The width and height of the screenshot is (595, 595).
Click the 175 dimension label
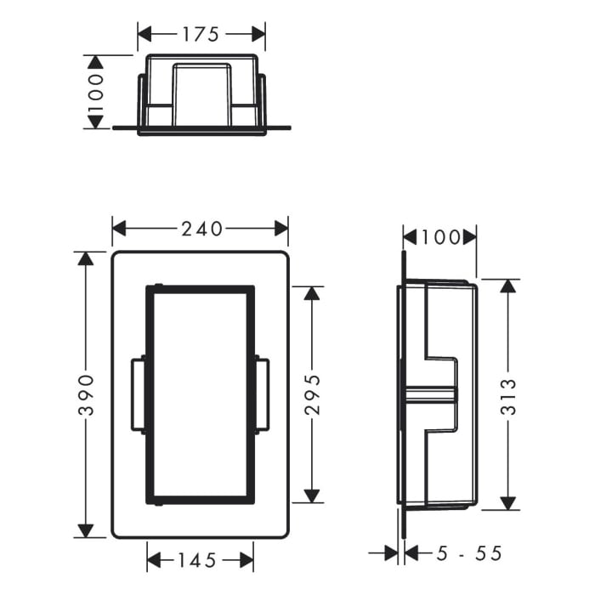coord(201,34)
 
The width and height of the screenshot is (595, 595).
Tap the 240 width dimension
coord(201,229)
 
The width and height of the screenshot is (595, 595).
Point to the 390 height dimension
coord(85,394)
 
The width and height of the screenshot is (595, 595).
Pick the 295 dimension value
coord(312,394)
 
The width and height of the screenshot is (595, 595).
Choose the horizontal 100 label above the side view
coord(439,236)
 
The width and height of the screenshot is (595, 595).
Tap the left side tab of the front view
coord(139,394)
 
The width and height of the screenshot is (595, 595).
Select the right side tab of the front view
coord(262,394)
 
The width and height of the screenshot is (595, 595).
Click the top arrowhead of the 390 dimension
coord(85,258)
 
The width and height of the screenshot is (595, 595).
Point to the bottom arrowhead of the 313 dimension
coord(508,503)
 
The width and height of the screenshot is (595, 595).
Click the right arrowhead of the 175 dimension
coord(259,34)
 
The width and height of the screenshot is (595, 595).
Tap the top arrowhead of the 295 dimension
coord(312,292)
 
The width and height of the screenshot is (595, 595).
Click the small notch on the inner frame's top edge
coord(158,284)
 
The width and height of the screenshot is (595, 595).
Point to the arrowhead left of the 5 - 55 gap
coord(392,553)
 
